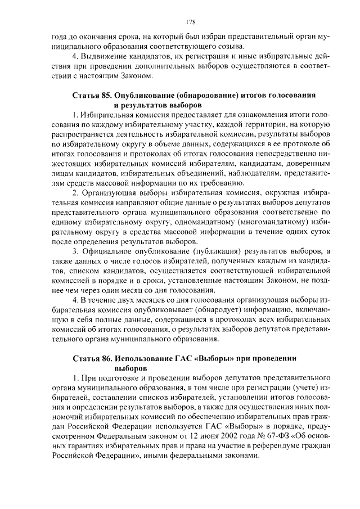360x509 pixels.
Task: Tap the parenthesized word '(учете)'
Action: click(296, 388)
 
